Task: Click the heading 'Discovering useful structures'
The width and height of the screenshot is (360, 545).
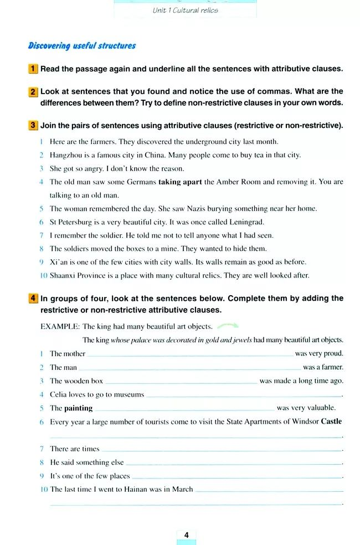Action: (x=82, y=46)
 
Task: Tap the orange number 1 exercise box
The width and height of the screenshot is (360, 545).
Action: (x=33, y=69)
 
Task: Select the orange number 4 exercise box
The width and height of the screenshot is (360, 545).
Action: (x=33, y=299)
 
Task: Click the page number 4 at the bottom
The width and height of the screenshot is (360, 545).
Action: (x=186, y=535)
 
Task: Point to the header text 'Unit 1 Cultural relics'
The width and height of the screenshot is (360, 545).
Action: (x=185, y=10)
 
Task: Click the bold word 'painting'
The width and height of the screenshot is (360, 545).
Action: (x=78, y=408)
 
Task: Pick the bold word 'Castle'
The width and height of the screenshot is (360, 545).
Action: (x=331, y=421)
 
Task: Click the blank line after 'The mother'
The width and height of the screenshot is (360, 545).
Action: (x=190, y=355)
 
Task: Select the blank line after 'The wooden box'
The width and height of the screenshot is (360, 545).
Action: (x=181, y=382)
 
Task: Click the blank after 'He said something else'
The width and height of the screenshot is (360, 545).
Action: (x=233, y=464)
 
